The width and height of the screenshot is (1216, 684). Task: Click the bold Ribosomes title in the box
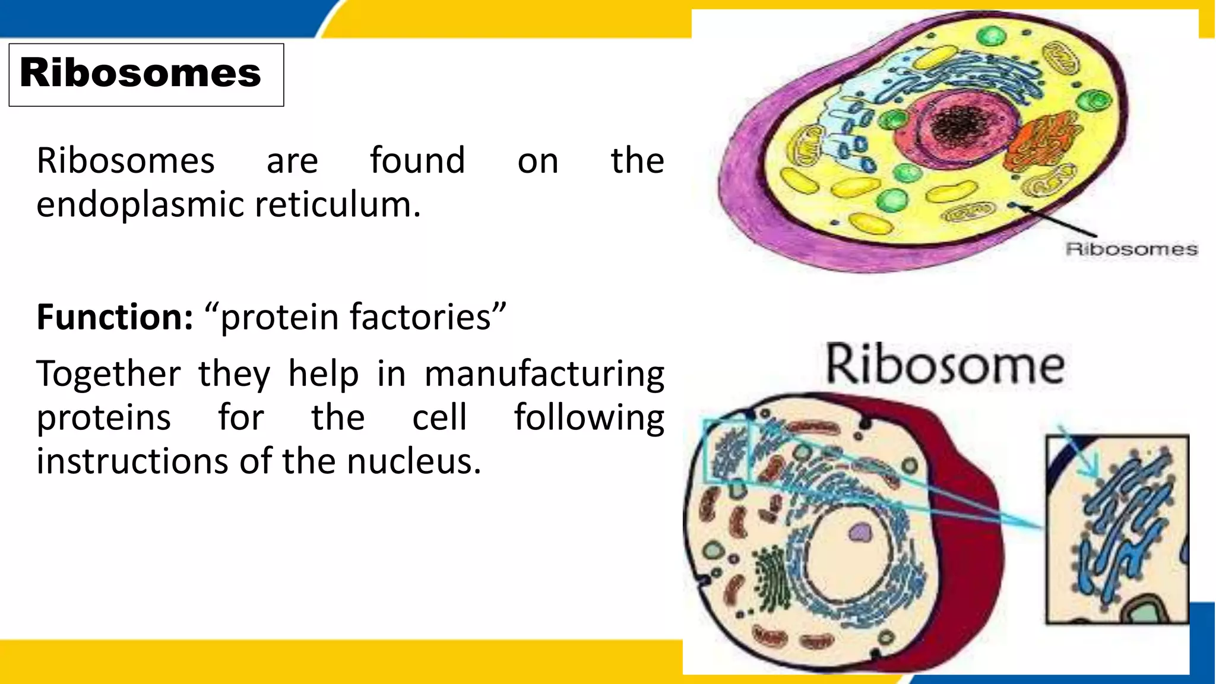(140, 73)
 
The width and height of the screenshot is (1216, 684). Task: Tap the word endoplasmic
(140, 205)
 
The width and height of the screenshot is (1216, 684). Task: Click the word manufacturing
(544, 375)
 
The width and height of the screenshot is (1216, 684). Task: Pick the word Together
(109, 374)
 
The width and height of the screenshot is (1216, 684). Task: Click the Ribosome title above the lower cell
(945, 364)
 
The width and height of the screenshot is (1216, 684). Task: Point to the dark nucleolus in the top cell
(958, 125)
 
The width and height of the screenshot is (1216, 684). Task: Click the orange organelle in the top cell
(1040, 142)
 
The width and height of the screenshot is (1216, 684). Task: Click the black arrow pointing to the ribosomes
(1057, 220)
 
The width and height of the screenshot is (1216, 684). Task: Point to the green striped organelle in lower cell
(772, 579)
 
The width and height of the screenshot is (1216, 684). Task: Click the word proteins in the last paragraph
(104, 418)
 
